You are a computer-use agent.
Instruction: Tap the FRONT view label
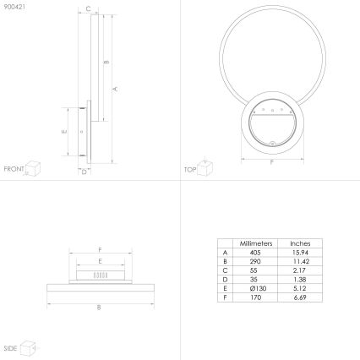(14, 169)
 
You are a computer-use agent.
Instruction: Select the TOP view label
(189, 169)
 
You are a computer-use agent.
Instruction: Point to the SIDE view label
(11, 348)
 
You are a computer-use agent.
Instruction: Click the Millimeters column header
(254, 242)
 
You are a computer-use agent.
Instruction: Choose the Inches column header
(300, 242)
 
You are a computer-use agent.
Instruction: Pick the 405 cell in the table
(254, 252)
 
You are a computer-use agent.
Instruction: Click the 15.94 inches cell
(300, 252)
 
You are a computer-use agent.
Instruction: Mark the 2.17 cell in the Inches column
(300, 270)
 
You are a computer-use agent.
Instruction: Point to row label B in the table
(225, 261)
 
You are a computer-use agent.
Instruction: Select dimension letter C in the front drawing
(90, 9)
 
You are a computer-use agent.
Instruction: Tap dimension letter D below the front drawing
(84, 171)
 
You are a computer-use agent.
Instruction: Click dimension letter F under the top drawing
(271, 161)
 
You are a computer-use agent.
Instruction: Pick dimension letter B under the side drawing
(99, 307)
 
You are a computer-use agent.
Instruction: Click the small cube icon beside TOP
(205, 166)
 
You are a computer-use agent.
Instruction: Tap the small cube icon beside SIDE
(28, 346)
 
